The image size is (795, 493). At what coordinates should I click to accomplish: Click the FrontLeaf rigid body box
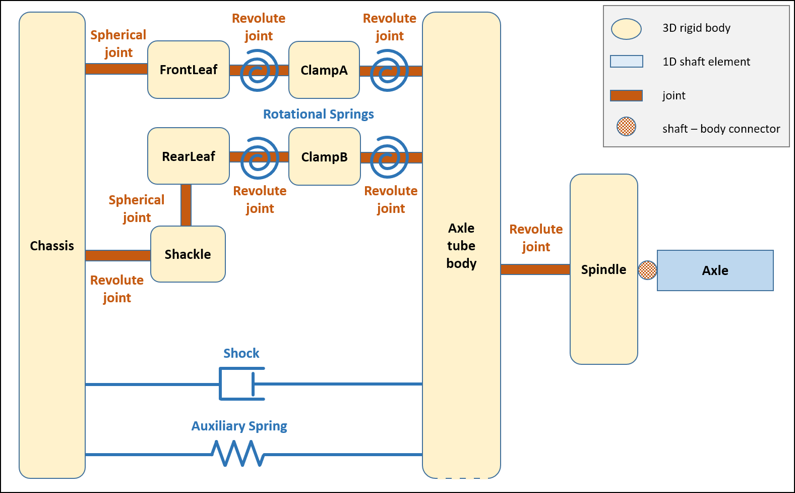[x=189, y=70]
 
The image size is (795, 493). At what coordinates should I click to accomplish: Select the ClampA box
[x=324, y=70]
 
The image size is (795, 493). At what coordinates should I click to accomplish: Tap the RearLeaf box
[x=189, y=156]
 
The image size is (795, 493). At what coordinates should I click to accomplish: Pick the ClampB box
[x=325, y=156]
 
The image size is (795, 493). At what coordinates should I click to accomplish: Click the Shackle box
[x=188, y=254]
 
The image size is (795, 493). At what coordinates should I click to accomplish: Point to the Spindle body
[x=603, y=269]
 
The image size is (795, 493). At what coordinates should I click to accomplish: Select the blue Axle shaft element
[x=715, y=270]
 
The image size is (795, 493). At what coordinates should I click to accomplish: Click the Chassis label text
[x=52, y=246]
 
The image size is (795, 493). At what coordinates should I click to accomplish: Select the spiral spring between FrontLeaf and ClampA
[x=259, y=70]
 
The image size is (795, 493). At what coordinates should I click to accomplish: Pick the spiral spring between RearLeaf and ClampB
[x=259, y=157]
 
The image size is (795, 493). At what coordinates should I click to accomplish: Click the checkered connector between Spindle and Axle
[x=647, y=270]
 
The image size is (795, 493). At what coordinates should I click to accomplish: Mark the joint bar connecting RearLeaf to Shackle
[x=186, y=205]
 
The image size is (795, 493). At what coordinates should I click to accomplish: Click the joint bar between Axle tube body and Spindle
[x=535, y=269]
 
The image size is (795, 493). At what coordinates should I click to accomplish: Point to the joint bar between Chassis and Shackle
[x=118, y=255]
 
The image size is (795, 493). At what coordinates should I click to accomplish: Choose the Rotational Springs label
[x=318, y=114]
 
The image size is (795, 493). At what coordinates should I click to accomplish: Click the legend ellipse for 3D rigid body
[x=626, y=29]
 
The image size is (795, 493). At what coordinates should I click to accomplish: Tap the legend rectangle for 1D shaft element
[x=626, y=62]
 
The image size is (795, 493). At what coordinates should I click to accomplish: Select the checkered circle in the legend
[x=626, y=127]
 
